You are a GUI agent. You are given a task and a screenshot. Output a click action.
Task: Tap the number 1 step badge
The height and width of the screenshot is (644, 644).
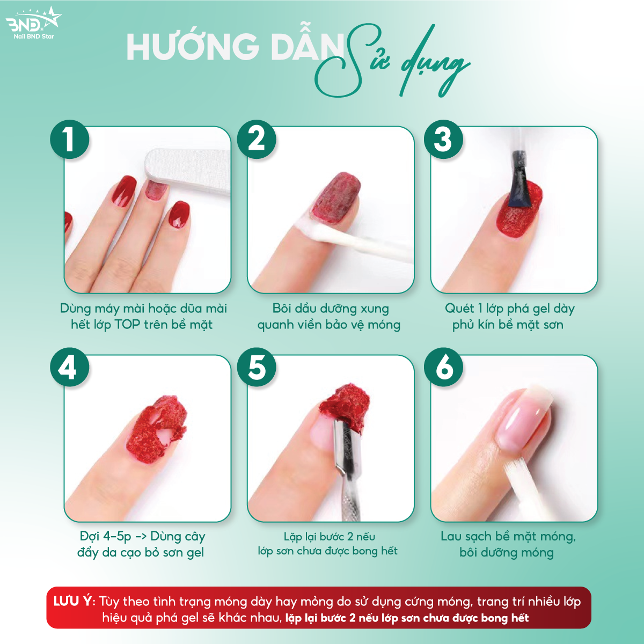point(70,140)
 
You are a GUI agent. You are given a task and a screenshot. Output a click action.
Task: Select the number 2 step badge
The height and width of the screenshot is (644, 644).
point(257,140)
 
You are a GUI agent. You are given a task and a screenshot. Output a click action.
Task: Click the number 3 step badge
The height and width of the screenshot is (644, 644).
point(443,140)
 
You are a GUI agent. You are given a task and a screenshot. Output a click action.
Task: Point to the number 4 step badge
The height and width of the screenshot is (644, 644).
point(70,368)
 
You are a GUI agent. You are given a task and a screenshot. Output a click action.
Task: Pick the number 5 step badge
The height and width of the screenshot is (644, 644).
point(257,368)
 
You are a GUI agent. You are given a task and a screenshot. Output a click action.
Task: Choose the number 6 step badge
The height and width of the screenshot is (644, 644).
point(443,368)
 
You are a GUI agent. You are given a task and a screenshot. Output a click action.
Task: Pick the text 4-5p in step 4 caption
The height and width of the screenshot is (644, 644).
point(117,536)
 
